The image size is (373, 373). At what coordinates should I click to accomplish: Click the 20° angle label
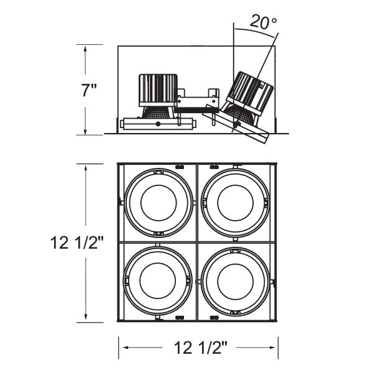263,22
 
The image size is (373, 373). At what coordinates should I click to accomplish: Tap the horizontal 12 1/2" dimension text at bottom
197,345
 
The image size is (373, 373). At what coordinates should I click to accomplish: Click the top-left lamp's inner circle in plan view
159,202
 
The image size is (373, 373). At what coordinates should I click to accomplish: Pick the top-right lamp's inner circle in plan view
236,202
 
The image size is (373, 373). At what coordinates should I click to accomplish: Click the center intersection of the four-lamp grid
196,242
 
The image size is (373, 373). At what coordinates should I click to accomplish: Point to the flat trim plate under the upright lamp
158,124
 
